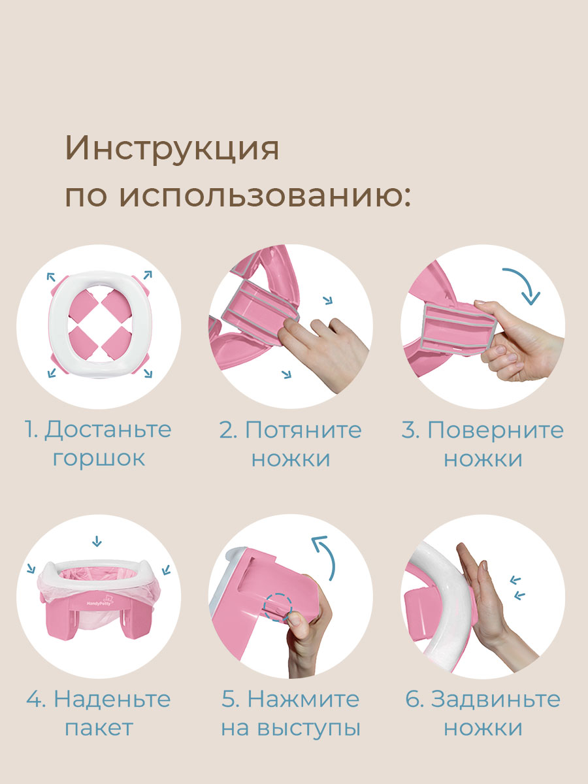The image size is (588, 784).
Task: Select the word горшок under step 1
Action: [x=99, y=458]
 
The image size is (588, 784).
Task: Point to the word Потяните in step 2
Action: [x=302, y=430]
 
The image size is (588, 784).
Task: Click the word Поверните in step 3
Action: [x=495, y=430]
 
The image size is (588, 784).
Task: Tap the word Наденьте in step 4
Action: [x=112, y=699]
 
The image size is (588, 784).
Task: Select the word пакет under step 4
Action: [x=99, y=728]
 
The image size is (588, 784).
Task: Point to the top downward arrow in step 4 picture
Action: [x=97, y=540]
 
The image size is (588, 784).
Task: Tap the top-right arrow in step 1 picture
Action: [x=147, y=274]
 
